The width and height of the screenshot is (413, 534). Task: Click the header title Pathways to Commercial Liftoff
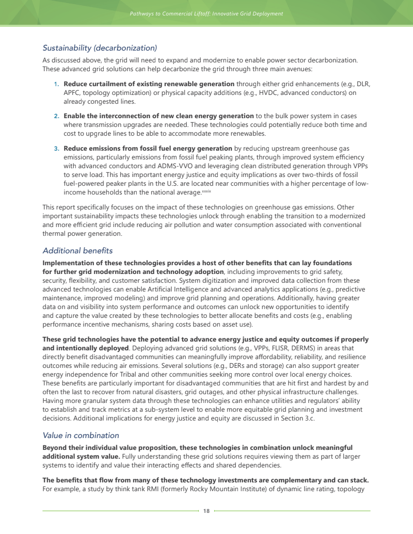(206, 13)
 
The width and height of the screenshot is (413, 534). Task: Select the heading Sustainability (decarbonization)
(100, 48)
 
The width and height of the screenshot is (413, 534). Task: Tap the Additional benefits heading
(77, 251)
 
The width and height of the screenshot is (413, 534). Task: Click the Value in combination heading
(81, 435)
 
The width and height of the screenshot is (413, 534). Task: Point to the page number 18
(206, 511)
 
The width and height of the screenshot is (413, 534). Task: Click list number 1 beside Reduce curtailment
(56, 84)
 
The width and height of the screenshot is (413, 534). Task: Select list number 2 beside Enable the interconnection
(56, 116)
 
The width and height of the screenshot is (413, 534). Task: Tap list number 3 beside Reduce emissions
(56, 149)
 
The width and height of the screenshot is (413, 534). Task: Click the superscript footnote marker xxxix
(206, 191)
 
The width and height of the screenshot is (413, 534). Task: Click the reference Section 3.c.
(296, 418)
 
